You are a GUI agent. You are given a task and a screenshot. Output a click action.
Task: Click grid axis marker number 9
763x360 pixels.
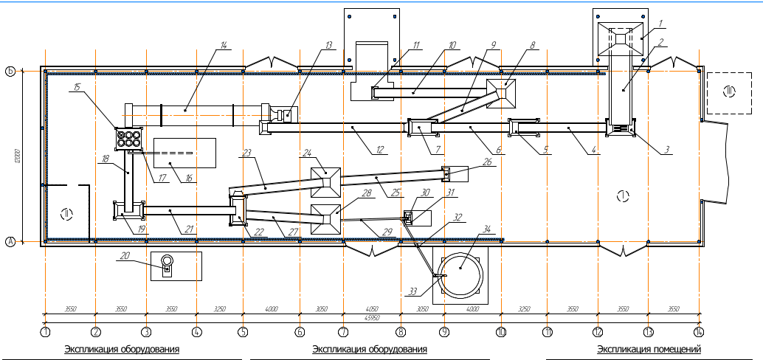tap(444, 333)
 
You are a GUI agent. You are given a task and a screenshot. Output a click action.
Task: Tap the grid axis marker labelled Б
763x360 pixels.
tap(10, 72)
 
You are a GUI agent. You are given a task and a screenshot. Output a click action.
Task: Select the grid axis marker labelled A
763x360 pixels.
tap(10, 241)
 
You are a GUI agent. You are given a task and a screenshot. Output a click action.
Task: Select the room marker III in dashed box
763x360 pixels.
tap(730, 91)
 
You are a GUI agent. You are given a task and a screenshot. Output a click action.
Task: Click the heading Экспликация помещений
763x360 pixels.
tap(649, 349)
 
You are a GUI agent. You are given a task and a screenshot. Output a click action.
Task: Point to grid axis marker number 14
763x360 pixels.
tap(699, 333)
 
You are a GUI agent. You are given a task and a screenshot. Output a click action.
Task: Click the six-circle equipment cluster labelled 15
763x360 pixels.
tap(128, 138)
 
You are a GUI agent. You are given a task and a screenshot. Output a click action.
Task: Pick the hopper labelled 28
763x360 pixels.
tap(325, 219)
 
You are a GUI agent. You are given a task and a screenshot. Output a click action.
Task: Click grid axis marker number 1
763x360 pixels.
tap(46, 333)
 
